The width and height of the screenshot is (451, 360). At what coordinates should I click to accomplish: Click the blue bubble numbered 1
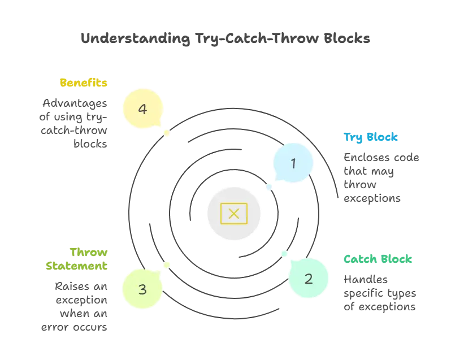[293, 163]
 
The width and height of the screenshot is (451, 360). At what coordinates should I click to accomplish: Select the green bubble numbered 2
[309, 278]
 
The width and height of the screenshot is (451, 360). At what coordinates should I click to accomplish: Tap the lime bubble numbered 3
[142, 289]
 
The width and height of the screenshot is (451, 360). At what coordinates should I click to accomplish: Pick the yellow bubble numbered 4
[142, 108]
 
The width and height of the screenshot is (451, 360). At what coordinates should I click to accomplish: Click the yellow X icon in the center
[233, 213]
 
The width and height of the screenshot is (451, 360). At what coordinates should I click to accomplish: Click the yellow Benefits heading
[83, 83]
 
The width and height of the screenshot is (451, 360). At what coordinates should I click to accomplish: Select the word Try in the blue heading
[353, 137]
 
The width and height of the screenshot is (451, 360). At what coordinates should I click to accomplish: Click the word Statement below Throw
[77, 264]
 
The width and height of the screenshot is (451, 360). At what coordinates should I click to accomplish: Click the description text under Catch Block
[381, 293]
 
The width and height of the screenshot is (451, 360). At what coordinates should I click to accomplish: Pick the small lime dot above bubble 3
[166, 263]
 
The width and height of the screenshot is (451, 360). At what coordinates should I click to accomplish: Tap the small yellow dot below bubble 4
[166, 134]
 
